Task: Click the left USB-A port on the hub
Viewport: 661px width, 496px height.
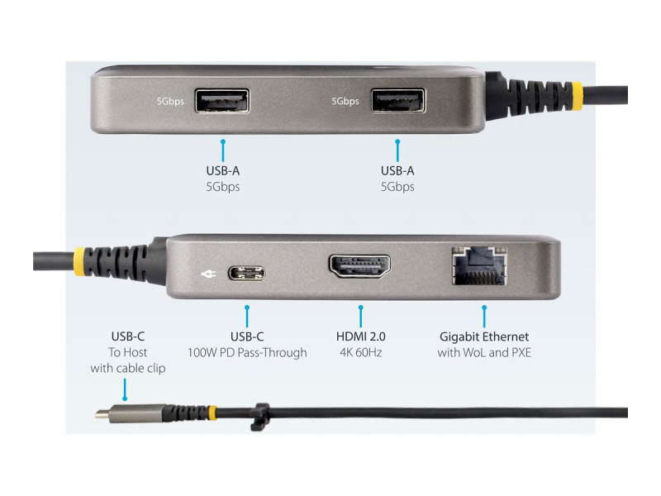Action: pos(222,101)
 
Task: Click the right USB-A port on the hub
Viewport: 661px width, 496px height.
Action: pos(397,101)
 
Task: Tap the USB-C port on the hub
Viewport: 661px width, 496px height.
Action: pos(246,273)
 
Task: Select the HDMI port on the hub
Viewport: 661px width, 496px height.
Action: pos(359,266)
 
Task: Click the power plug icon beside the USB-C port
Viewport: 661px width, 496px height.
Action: pos(207,273)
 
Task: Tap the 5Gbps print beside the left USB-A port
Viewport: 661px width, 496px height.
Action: pos(171,102)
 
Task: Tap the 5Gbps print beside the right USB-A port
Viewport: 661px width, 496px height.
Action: pos(345,102)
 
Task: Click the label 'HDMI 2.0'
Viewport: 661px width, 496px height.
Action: pos(360,336)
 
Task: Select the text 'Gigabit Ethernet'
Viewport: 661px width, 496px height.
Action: pos(484,336)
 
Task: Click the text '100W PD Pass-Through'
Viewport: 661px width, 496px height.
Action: pos(246,353)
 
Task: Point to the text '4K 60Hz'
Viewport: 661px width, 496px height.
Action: pos(360,353)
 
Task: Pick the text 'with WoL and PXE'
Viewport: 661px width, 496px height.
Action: pos(484,353)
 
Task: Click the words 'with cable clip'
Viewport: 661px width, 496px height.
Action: pos(128,368)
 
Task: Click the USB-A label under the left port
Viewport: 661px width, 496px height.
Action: pos(223,171)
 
